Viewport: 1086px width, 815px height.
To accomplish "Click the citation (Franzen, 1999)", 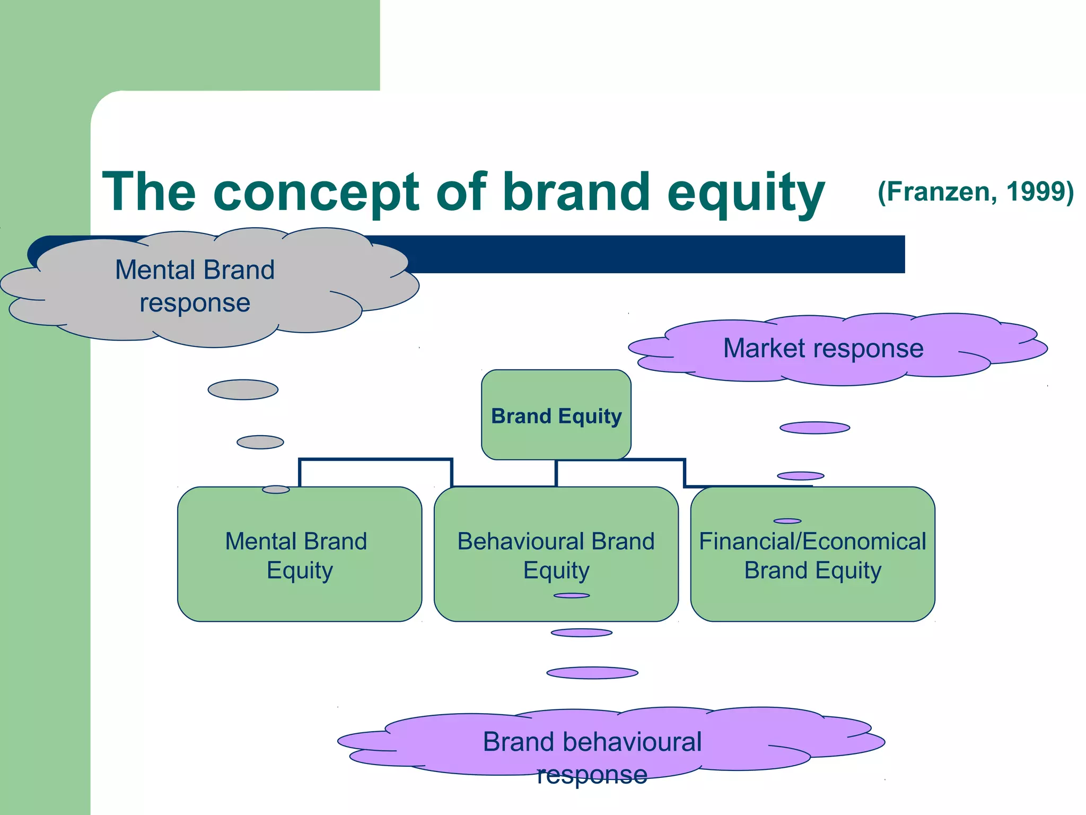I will pyautogui.click(x=975, y=192).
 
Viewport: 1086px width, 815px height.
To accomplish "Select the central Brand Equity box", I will pyautogui.click(x=556, y=415).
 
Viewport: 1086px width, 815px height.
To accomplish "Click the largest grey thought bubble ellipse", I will pyautogui.click(x=243, y=389).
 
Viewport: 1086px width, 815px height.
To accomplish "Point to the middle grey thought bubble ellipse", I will pyautogui.click(x=260, y=442).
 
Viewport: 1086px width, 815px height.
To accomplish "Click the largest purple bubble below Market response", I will pyautogui.click(x=814, y=428).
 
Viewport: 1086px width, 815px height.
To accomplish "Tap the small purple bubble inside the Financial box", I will pyautogui.click(x=787, y=521).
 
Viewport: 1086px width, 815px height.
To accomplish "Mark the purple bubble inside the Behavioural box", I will pyautogui.click(x=572, y=595).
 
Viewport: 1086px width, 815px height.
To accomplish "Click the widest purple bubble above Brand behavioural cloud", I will pyautogui.click(x=592, y=673).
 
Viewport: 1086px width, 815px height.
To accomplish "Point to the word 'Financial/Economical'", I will pyautogui.click(x=812, y=542).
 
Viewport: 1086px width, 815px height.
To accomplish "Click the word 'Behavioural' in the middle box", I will pyautogui.click(x=522, y=542).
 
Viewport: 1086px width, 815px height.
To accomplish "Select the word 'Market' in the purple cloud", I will pyautogui.click(x=764, y=349).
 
